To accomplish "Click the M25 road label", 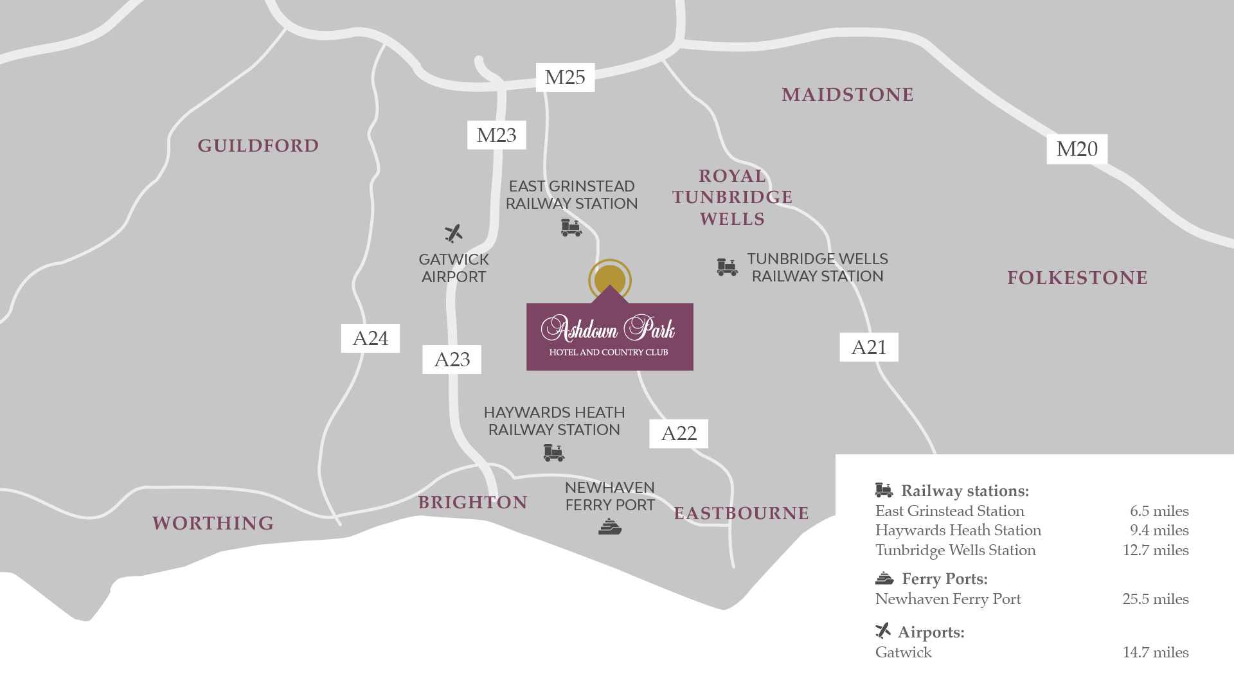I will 565,78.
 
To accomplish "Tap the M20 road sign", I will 1077,149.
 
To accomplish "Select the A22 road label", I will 678,434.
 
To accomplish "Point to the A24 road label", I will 370,338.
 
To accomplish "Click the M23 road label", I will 496,135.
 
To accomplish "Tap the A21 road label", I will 868,347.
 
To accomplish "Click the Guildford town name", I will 258,146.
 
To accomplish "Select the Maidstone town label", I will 847,95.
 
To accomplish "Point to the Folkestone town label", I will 1077,278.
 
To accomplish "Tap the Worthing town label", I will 213,523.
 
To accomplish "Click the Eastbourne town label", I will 741,513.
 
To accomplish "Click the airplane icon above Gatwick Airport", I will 453,233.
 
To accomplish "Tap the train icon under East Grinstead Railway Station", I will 571,227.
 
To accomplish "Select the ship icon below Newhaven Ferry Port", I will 609,528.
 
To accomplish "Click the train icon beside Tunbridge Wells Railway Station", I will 727,267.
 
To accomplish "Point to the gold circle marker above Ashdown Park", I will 609,279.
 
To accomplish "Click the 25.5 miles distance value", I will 1155,599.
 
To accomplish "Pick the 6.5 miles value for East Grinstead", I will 1159,511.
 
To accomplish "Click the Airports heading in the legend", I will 930,632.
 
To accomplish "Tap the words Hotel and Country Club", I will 608,352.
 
